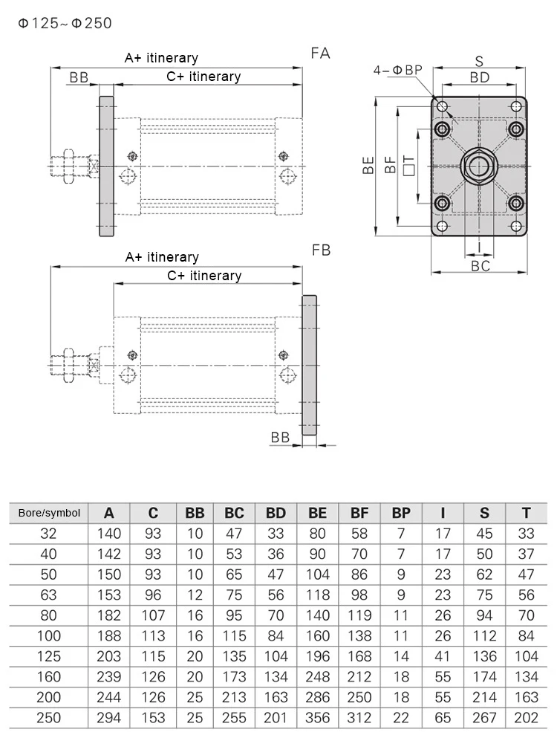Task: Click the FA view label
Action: click(x=320, y=54)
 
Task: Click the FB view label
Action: click(x=322, y=250)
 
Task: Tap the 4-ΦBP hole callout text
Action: click(x=398, y=70)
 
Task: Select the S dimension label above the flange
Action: click(x=479, y=61)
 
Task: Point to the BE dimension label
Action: click(x=368, y=166)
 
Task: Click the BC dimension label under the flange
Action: click(x=481, y=266)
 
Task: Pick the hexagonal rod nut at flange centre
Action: click(x=479, y=166)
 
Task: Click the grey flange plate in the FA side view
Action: click(x=106, y=166)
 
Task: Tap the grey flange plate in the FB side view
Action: click(x=309, y=365)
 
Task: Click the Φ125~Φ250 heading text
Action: click(x=65, y=23)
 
